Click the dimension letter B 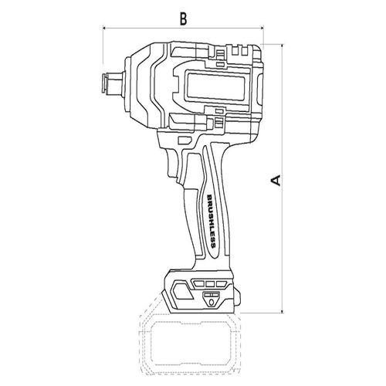183,19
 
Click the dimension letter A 276,180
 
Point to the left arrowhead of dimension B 104,28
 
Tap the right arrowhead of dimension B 262,28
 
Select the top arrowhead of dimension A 283,46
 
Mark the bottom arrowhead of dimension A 283,311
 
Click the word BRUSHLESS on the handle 212,221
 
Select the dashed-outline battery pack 189,342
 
